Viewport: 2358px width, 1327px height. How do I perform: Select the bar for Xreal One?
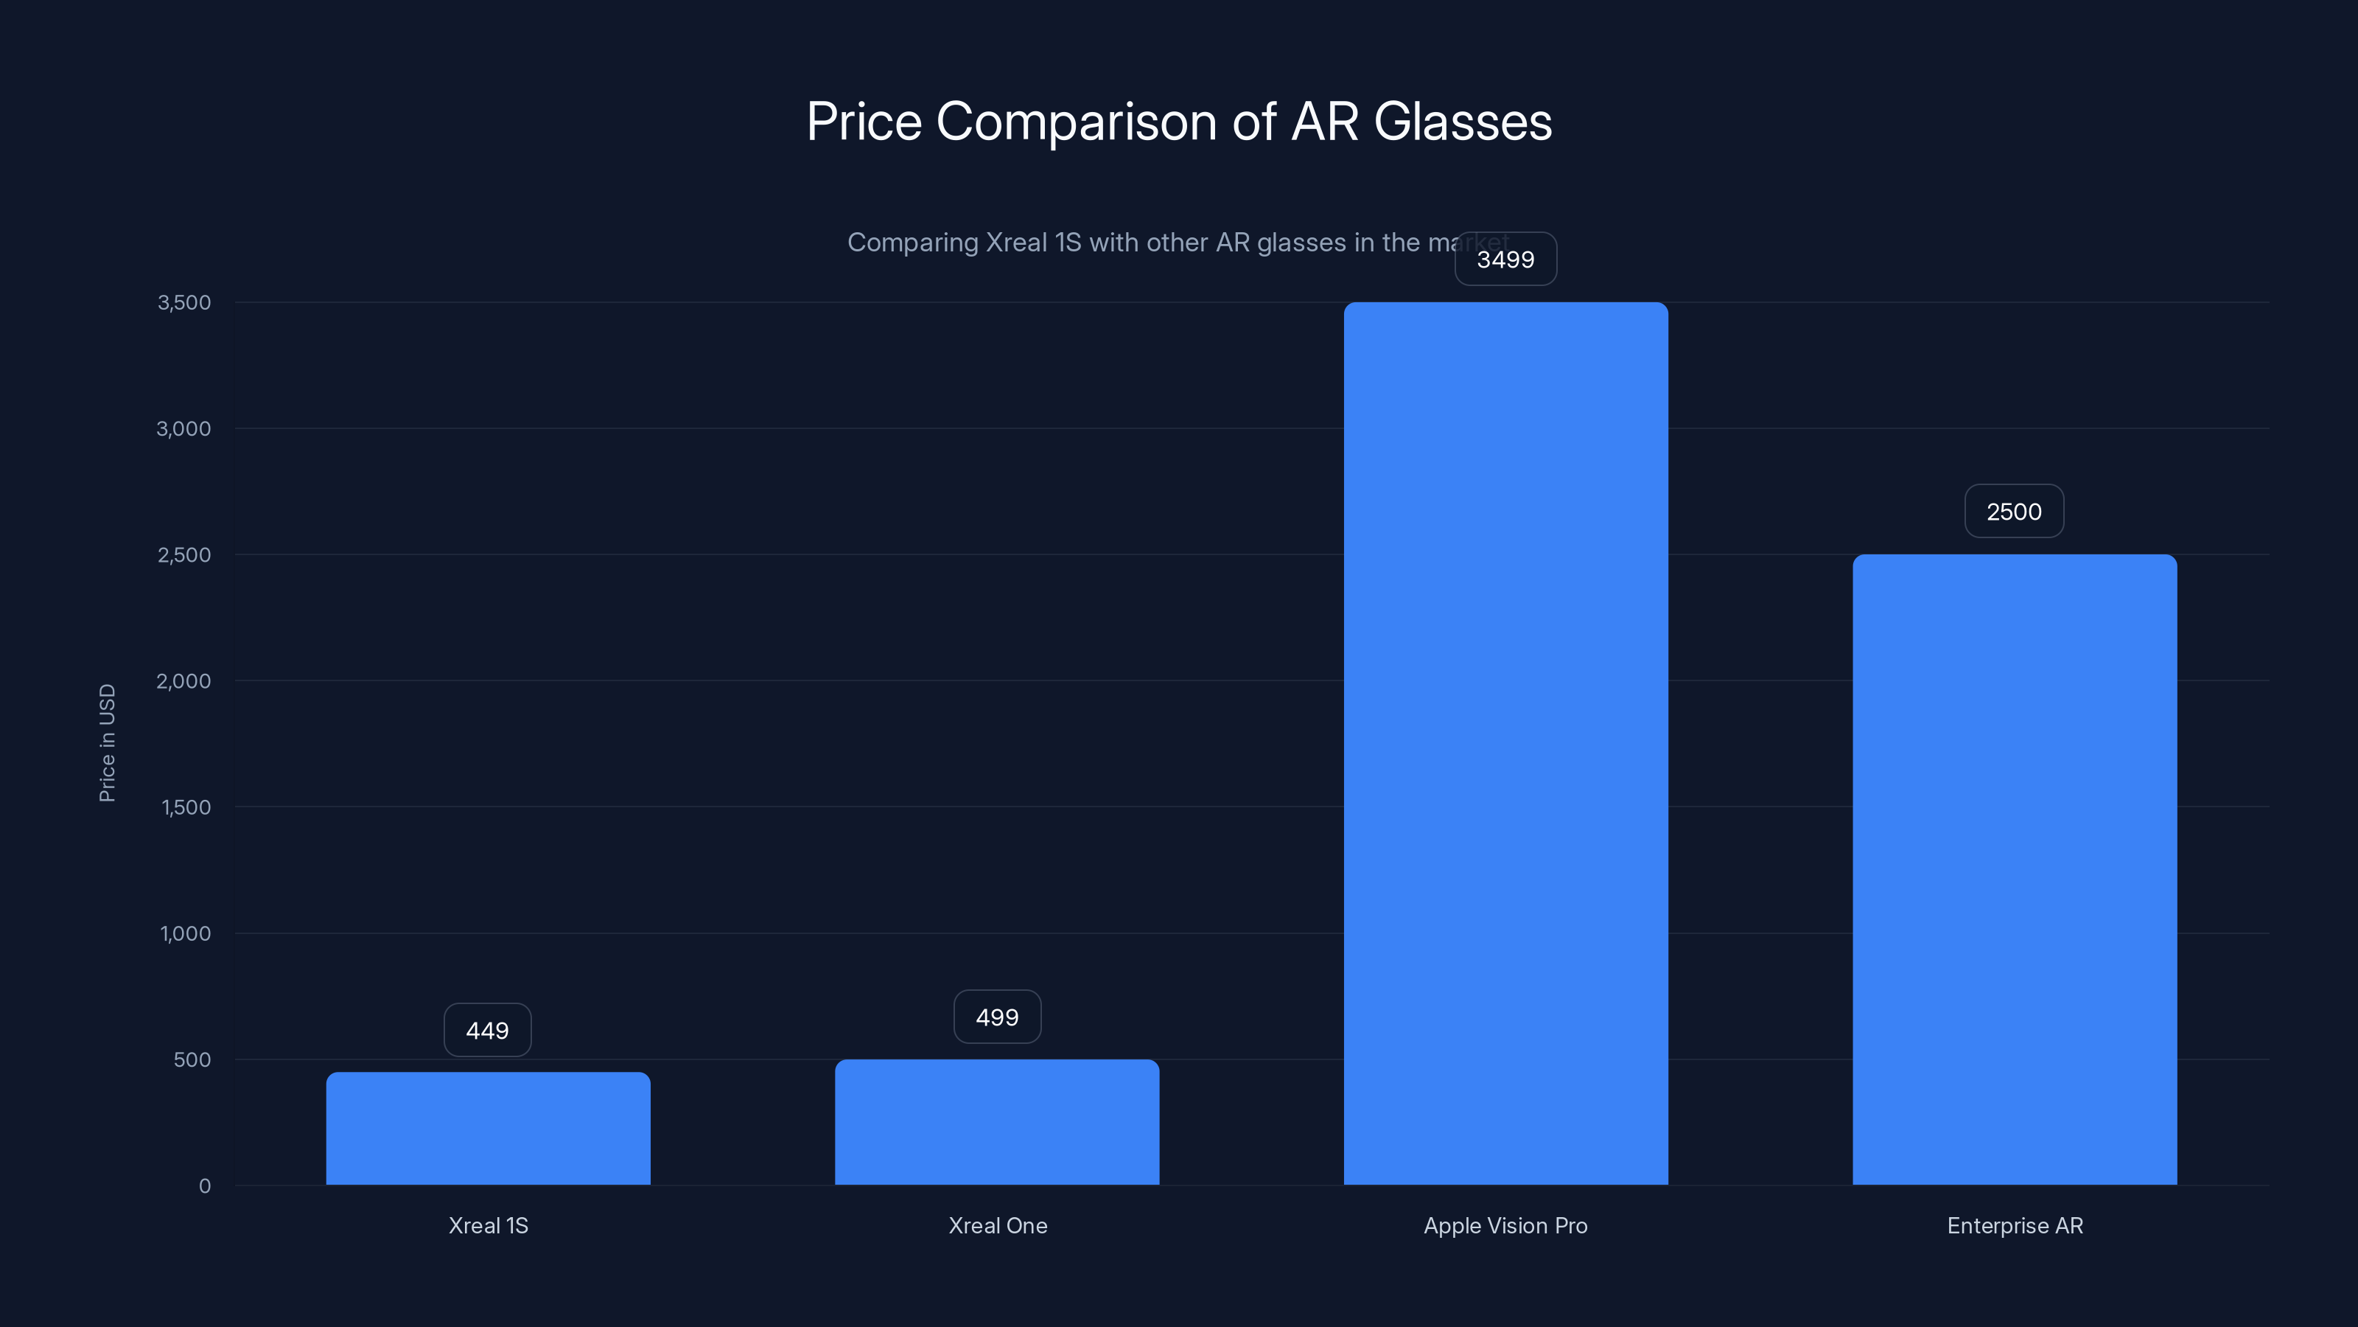coord(997,1122)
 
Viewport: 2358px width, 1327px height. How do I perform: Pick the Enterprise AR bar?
coord(2015,869)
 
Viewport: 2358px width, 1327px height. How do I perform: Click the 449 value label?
coord(487,1031)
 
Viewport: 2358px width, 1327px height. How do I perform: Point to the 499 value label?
coord(997,1017)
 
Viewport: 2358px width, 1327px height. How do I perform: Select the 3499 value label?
coord(1505,260)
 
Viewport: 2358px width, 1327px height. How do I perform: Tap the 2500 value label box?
coord(2014,512)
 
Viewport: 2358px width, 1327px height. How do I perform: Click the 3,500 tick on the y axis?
coord(184,303)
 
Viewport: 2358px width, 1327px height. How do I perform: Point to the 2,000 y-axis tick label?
coord(184,681)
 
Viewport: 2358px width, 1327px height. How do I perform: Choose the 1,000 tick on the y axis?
coord(185,934)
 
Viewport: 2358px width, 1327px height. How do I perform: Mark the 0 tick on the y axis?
coord(205,1186)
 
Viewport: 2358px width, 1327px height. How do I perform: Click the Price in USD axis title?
coord(107,742)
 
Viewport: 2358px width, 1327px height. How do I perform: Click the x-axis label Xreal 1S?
coord(488,1225)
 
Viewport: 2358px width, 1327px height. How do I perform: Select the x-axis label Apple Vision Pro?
coord(1505,1225)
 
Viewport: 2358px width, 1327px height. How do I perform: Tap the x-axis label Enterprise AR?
coord(2015,1225)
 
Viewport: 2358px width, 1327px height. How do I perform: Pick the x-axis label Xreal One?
coord(998,1225)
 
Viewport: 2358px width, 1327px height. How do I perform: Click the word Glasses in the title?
coord(1463,122)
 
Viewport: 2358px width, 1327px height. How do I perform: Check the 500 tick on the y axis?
coord(192,1059)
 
